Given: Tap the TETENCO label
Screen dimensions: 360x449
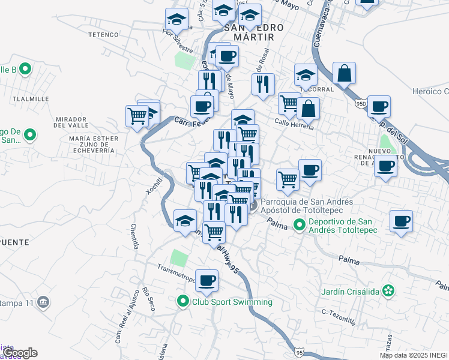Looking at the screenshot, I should (104, 35).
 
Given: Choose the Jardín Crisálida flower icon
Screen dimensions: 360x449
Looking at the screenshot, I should (389, 291).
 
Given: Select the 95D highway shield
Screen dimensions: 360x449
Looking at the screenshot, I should (360, 103).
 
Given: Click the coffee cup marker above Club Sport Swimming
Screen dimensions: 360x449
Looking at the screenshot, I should (206, 280).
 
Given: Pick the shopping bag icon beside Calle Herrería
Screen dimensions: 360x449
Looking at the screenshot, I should (308, 109).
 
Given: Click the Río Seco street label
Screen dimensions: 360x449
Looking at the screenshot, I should (149, 299).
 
